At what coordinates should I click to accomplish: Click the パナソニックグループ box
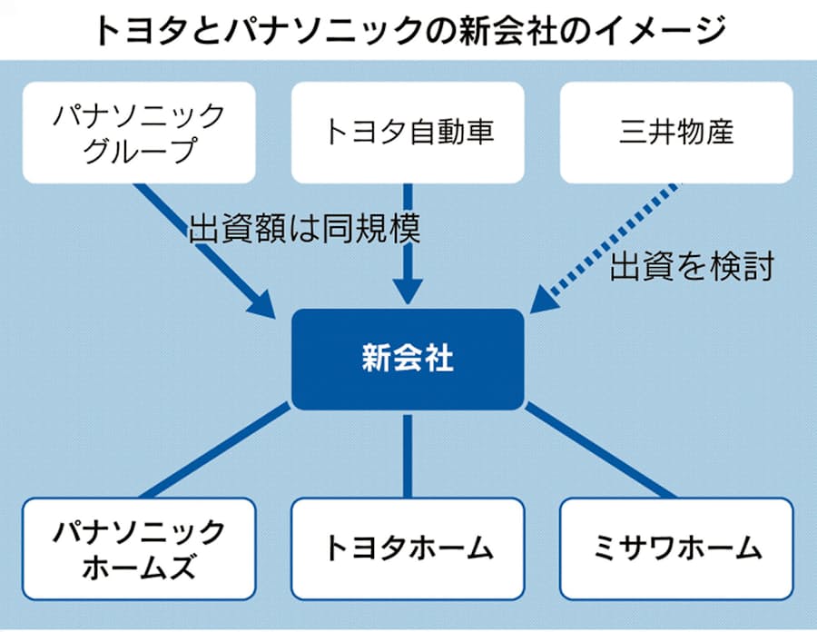[x=139, y=133]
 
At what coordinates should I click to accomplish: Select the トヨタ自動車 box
[x=408, y=133]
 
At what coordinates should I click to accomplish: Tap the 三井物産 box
[x=676, y=133]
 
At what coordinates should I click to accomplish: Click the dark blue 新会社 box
[x=408, y=360]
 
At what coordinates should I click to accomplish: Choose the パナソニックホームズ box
[x=139, y=549]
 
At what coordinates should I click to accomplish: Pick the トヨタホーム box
[x=408, y=549]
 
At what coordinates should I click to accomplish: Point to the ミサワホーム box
[x=676, y=549]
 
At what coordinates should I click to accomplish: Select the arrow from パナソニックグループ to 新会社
[x=205, y=251]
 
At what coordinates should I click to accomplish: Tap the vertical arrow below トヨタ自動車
[x=408, y=244]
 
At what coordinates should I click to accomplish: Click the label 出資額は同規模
[x=304, y=228]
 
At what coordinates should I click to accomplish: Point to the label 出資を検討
[x=692, y=266]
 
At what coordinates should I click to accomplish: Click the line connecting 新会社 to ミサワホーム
[x=600, y=450]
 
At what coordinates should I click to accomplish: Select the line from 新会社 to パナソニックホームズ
[x=215, y=450]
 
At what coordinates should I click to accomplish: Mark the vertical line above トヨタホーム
[x=408, y=457]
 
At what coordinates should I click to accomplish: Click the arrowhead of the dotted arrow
[x=545, y=300]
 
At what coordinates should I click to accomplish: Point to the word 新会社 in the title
[x=507, y=31]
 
